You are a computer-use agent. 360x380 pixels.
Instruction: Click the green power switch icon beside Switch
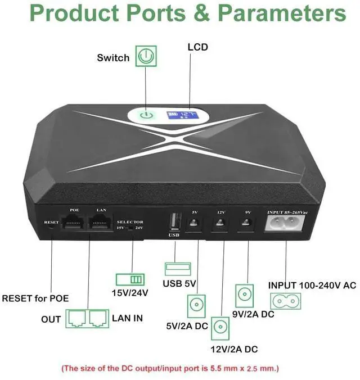tap(146, 57)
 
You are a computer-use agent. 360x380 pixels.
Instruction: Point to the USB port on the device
tap(173, 223)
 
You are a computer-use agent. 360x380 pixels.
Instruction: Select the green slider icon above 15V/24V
tap(130, 279)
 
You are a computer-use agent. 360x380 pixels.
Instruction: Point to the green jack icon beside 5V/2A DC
tap(196, 305)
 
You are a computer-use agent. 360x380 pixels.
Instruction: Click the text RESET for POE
tap(36, 298)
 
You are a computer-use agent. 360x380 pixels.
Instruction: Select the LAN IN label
tap(127, 318)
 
